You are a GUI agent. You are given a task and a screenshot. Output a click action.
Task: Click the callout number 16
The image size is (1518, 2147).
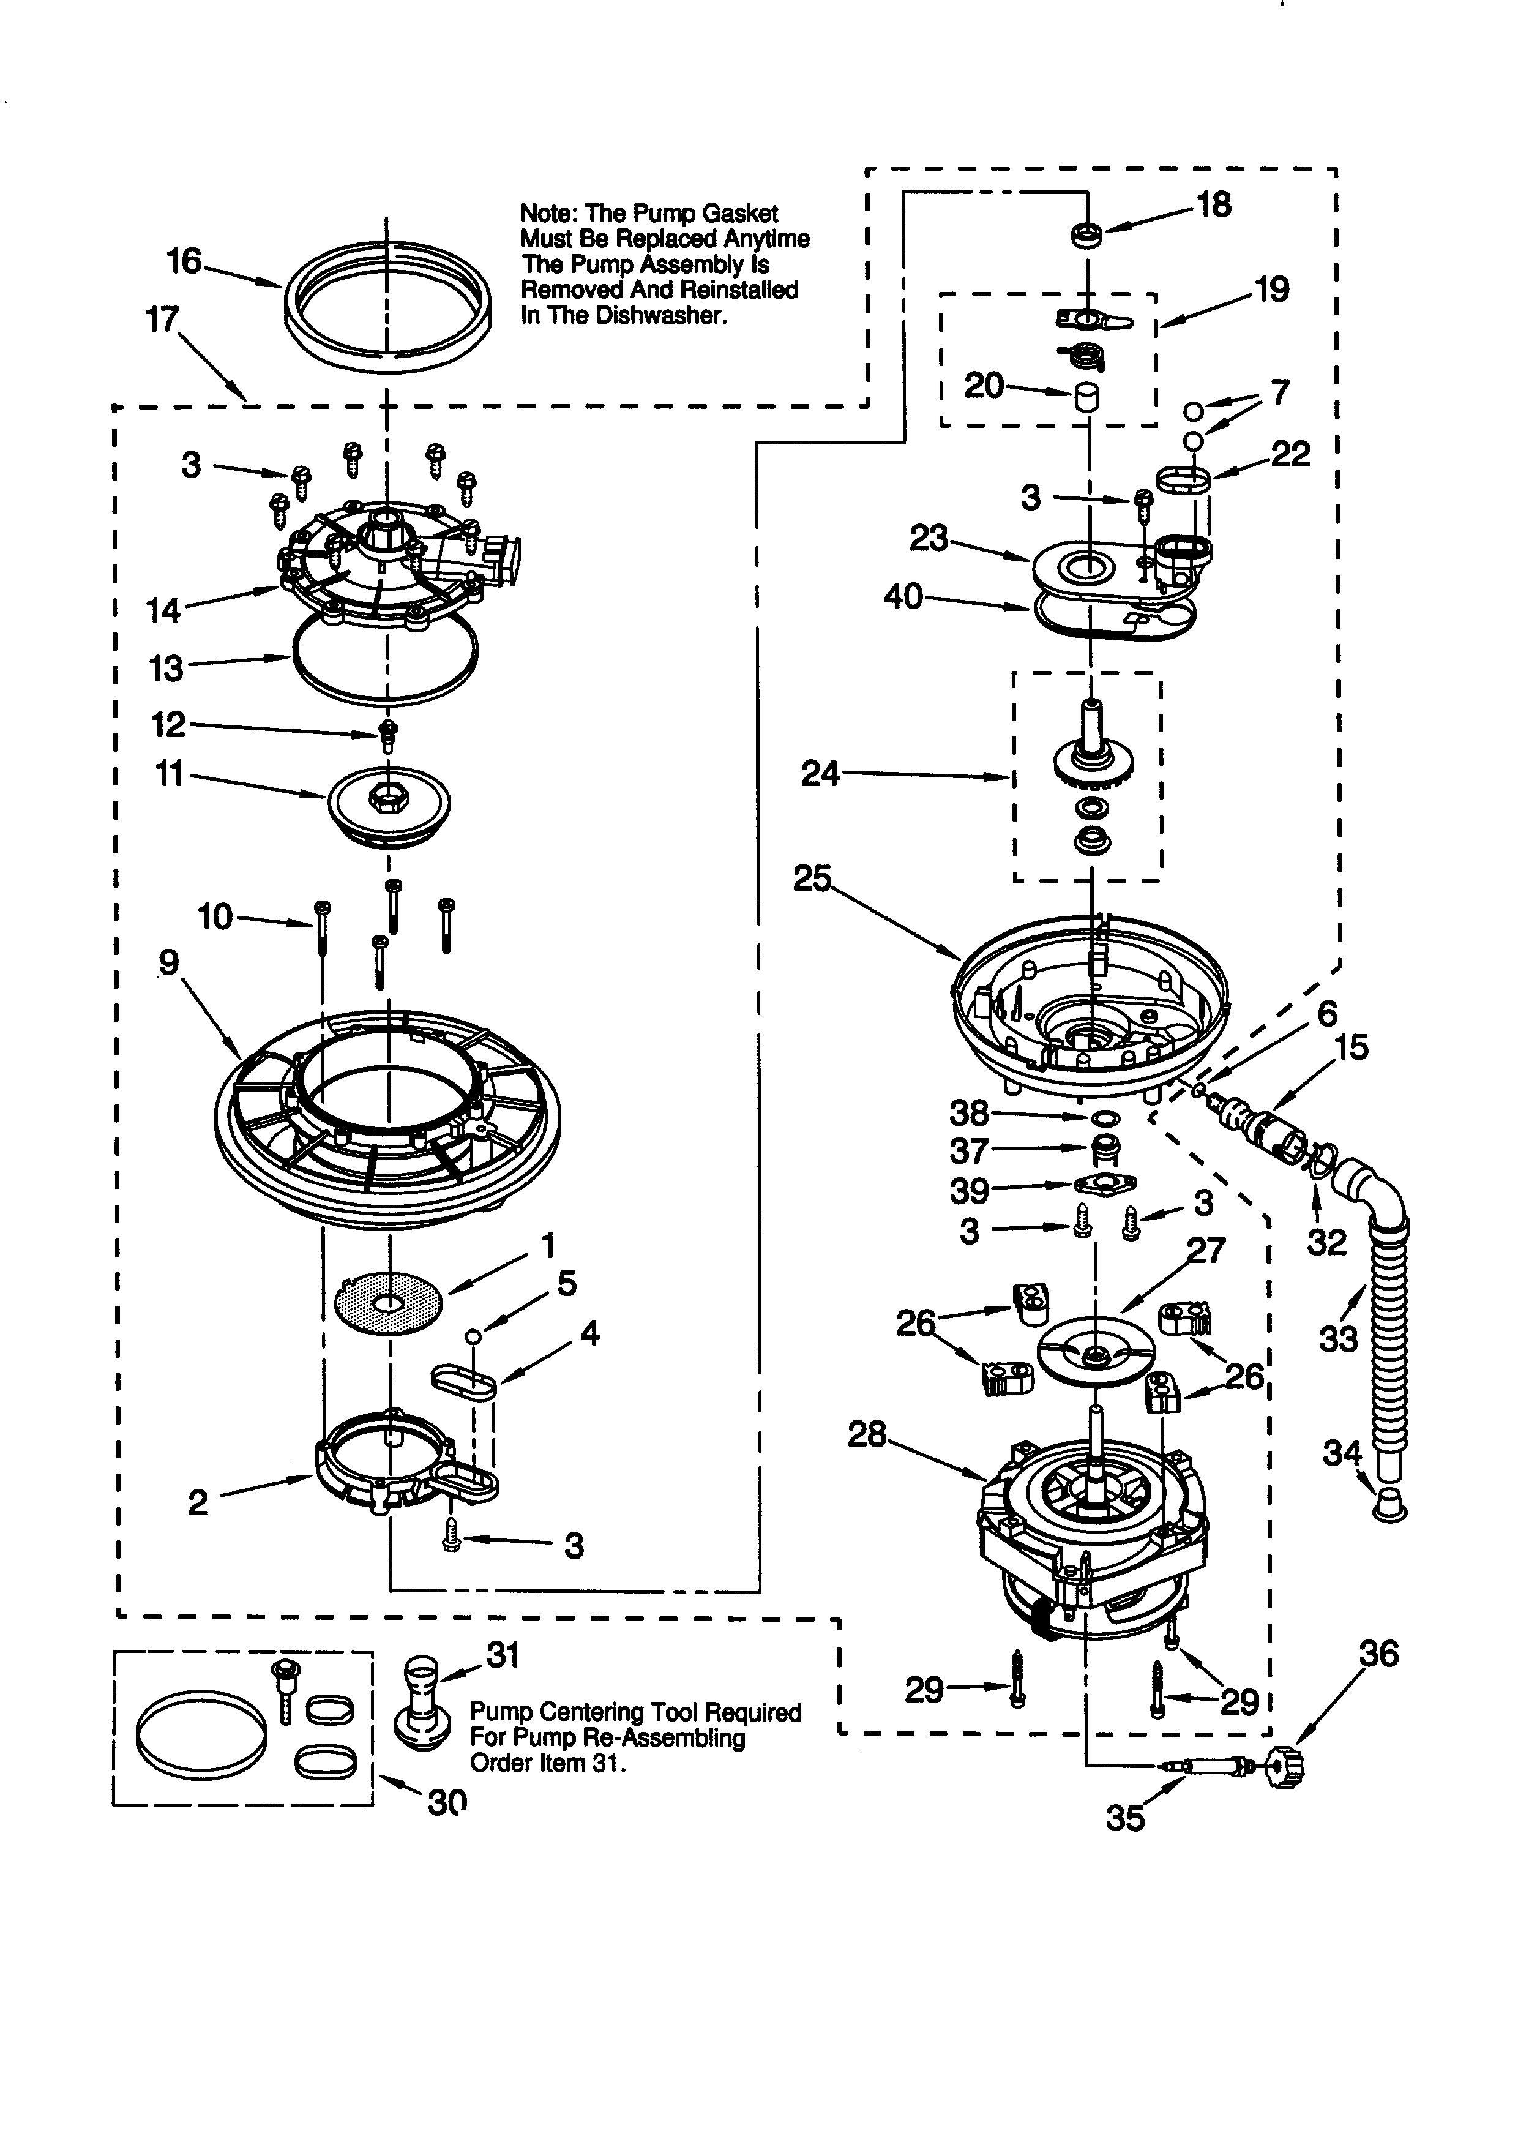point(184,261)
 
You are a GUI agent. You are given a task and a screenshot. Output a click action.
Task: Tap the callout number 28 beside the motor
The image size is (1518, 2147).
point(867,1434)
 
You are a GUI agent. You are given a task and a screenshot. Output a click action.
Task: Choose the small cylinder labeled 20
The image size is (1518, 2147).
point(1086,397)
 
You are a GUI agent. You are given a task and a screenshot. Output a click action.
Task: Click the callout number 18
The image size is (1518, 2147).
point(1214,205)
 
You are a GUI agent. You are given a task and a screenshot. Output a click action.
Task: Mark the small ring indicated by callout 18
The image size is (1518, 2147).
point(1086,236)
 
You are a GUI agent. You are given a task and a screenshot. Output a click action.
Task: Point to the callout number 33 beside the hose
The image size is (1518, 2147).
point(1337,1339)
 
